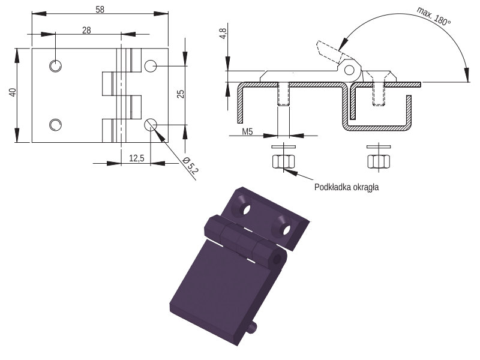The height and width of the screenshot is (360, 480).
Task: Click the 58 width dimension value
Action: pyautogui.click(x=100, y=10)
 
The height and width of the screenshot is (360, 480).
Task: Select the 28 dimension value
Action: pyautogui.click(x=86, y=31)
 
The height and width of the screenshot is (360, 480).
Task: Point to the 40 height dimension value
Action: pyautogui.click(x=13, y=92)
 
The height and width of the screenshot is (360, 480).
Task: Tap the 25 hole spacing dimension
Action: pyautogui.click(x=181, y=94)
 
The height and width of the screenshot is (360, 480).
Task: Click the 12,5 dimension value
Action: pyautogui.click(x=137, y=158)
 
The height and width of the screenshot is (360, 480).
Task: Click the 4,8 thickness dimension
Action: pyautogui.click(x=223, y=34)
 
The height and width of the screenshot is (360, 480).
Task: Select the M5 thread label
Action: pyautogui.click(x=247, y=131)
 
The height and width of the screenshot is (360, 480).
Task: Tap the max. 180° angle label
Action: pyautogui.click(x=433, y=16)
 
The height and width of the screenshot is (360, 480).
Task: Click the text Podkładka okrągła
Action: pyautogui.click(x=347, y=187)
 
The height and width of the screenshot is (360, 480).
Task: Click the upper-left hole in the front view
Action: pyautogui.click(x=55, y=66)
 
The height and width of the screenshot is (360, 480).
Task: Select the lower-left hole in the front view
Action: pyautogui.click(x=55, y=125)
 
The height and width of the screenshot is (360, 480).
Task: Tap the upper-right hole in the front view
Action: pyautogui.click(x=151, y=66)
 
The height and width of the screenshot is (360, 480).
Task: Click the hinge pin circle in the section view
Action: pyautogui.click(x=349, y=70)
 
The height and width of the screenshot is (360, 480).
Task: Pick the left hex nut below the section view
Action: pyautogui.click(x=283, y=161)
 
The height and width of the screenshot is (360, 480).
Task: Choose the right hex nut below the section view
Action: pyautogui.click(x=379, y=161)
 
